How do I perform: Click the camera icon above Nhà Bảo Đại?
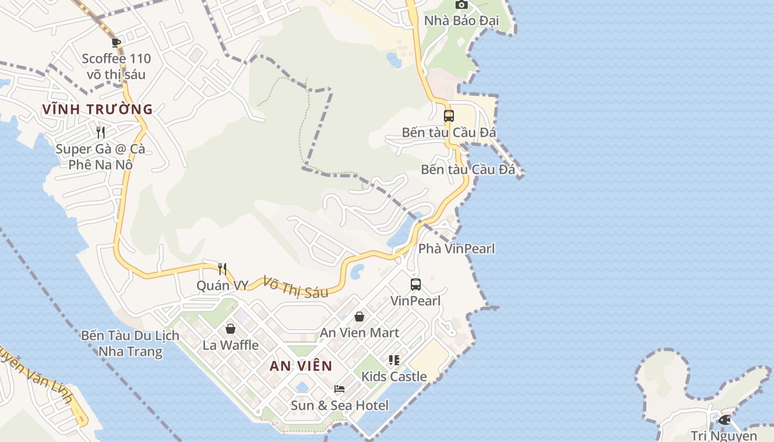(x=461, y=4)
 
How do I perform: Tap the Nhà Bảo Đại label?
(x=461, y=21)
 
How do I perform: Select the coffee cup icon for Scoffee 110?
(x=116, y=42)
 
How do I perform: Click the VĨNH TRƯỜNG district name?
(x=97, y=109)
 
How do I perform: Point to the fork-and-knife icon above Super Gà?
(x=101, y=132)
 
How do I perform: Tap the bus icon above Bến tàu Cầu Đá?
(x=449, y=116)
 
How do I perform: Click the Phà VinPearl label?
(x=456, y=249)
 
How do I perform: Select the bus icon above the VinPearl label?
(x=416, y=285)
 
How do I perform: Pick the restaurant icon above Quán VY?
(x=222, y=269)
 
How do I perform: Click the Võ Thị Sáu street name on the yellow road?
(x=296, y=287)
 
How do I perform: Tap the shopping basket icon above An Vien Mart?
(x=359, y=317)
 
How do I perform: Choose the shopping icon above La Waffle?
(x=231, y=329)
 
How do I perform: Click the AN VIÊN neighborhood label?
(x=301, y=366)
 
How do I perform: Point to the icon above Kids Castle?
(x=394, y=360)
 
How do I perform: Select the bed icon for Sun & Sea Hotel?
(x=339, y=389)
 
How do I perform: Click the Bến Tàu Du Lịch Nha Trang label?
(x=130, y=343)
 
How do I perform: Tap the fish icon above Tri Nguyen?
(x=724, y=420)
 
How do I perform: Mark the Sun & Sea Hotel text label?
(x=339, y=406)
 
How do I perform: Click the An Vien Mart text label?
(x=359, y=333)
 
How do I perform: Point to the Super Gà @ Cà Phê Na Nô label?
(x=101, y=156)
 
